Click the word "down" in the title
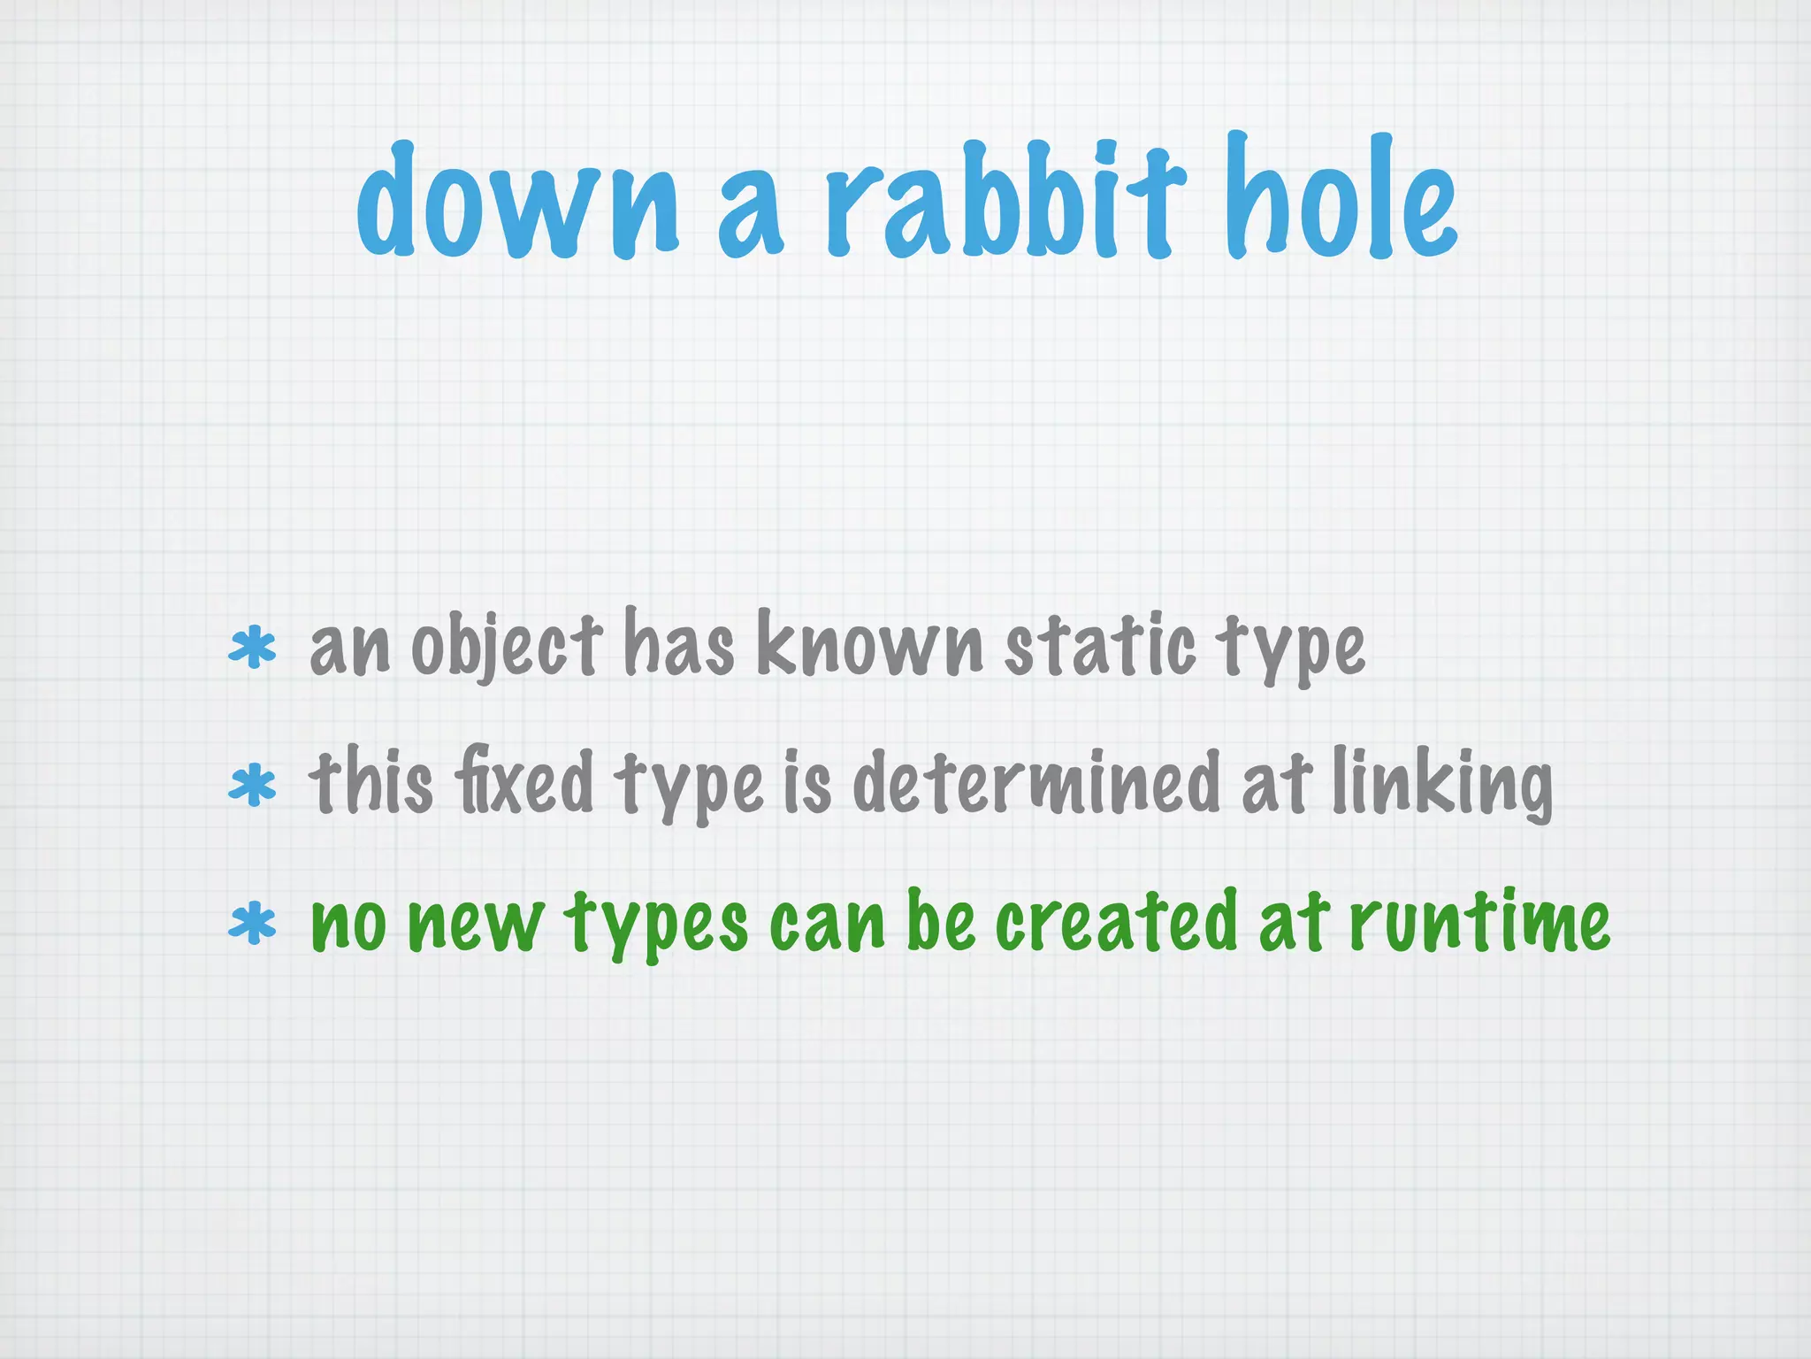(519, 203)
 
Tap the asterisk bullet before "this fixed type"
(252, 785)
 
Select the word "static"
(1101, 644)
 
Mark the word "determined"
(1036, 782)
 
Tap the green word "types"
(657, 924)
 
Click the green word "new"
(476, 924)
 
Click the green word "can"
(828, 924)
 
